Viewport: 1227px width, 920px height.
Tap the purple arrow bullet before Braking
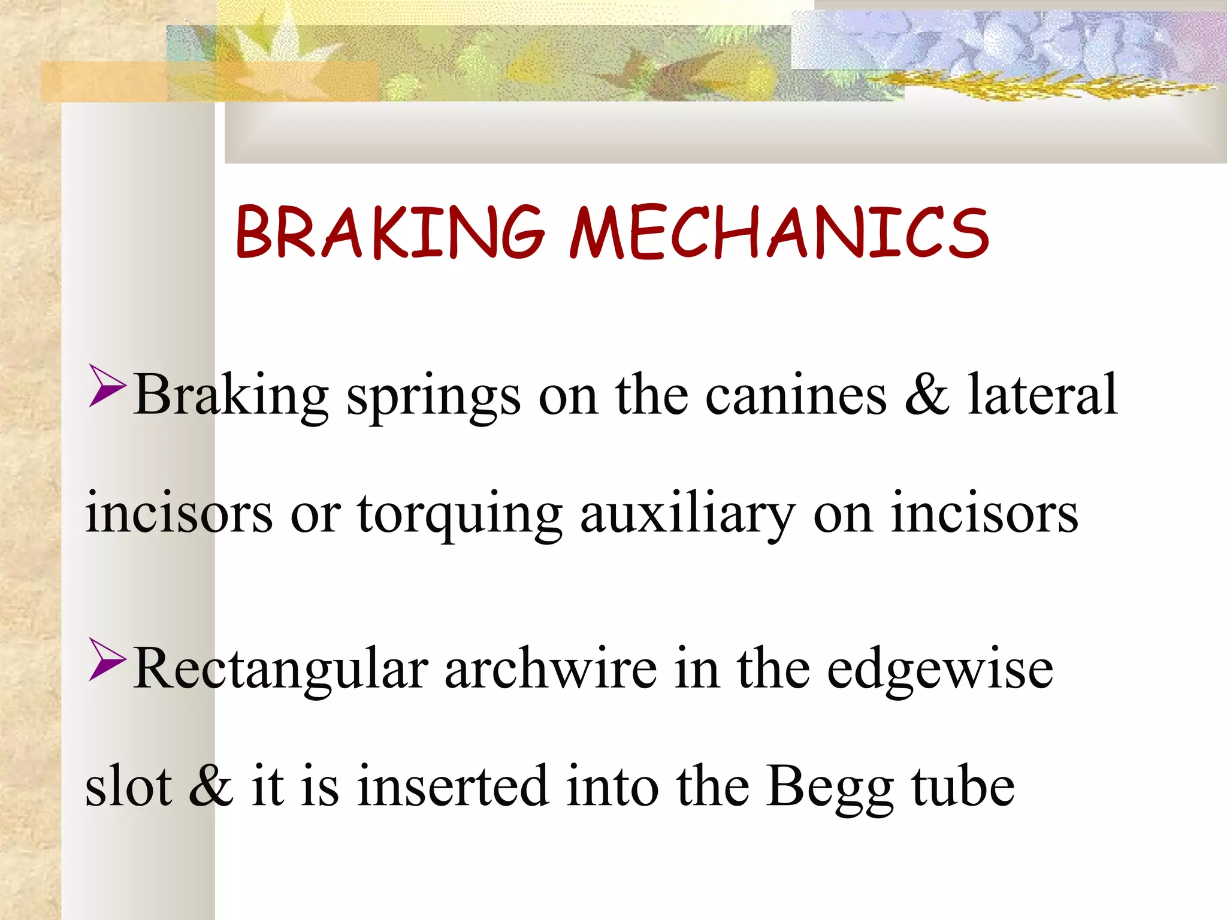pos(107,386)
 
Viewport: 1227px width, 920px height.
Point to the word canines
pos(796,395)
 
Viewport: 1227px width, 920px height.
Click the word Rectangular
pos(280,670)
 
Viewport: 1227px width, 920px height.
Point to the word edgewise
pos(940,670)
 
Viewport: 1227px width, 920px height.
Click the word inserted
pos(453,786)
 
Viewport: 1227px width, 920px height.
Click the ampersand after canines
pos(927,395)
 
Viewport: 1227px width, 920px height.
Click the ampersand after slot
pos(210,786)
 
